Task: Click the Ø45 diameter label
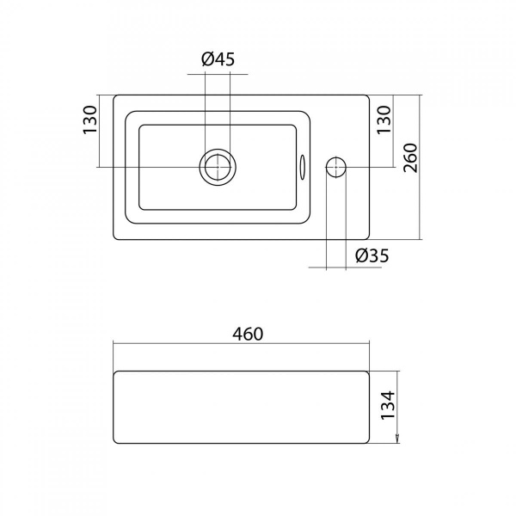(x=218, y=59)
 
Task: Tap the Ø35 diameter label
(x=372, y=255)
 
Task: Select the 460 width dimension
(x=248, y=334)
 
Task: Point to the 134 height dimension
(x=388, y=405)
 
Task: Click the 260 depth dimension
(x=410, y=158)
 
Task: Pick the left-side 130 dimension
(x=90, y=120)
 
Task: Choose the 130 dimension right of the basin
(x=384, y=120)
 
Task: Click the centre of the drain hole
(x=218, y=167)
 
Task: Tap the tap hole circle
(x=335, y=167)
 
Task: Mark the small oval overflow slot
(x=303, y=167)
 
